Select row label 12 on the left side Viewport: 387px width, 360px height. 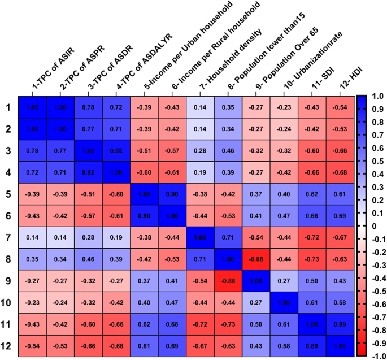[x=8, y=345]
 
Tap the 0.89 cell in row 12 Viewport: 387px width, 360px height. [x=312, y=345]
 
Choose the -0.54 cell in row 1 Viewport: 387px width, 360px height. [x=340, y=107]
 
